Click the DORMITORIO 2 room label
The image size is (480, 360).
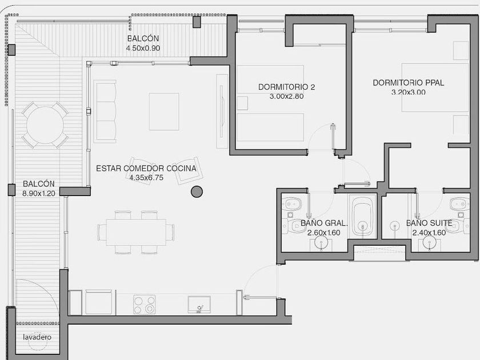(x=286, y=87)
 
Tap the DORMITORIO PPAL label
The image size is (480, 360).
(x=409, y=83)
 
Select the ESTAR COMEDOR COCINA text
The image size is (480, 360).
(x=146, y=169)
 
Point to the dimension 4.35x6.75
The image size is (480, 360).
(x=146, y=178)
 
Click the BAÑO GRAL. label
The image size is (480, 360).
(x=324, y=223)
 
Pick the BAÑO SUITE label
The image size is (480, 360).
(x=429, y=223)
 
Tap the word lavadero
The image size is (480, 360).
(x=37, y=337)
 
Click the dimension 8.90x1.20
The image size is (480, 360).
(x=39, y=194)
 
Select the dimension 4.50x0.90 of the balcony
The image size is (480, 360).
(x=143, y=48)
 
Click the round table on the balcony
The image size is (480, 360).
(x=45, y=125)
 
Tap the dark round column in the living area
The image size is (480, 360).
(x=197, y=191)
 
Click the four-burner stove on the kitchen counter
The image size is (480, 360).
(x=144, y=304)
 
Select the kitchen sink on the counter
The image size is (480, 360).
(x=199, y=305)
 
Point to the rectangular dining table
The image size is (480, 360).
(x=136, y=232)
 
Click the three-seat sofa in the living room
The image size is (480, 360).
(x=105, y=111)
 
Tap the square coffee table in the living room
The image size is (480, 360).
(x=164, y=112)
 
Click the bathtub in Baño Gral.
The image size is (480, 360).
(x=362, y=216)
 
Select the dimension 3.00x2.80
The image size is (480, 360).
(x=286, y=97)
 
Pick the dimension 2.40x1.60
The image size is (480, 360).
(x=429, y=233)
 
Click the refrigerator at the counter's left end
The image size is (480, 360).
(x=75, y=302)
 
